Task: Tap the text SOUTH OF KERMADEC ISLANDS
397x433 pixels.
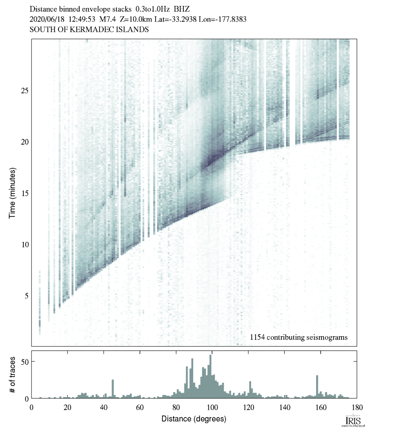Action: tap(89, 30)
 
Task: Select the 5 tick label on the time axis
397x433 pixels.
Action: tap(26, 295)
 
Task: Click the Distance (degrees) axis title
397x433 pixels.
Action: tap(194, 419)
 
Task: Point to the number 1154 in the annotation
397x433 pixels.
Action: tap(258, 337)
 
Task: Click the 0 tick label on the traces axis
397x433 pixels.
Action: tap(26, 398)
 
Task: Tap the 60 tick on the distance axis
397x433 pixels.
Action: tap(140, 407)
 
